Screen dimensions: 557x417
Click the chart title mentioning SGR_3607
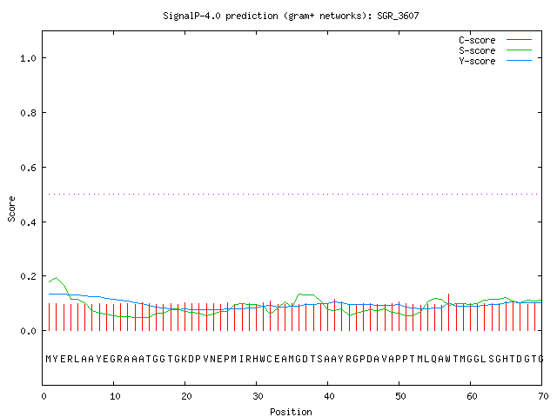coord(291,16)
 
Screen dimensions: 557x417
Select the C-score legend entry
coord(495,40)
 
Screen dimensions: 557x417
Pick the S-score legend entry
coord(495,50)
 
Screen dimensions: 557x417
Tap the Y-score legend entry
coord(495,61)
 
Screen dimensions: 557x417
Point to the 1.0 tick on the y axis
coord(29,58)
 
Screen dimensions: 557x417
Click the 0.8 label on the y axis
coord(29,113)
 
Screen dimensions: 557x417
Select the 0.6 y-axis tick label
coord(29,168)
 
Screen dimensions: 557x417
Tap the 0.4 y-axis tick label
coord(29,222)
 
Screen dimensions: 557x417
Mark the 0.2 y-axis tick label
coord(29,276)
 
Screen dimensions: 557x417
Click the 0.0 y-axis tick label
coord(29,331)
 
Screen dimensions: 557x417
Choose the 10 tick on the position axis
coord(115,396)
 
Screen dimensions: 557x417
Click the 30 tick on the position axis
coord(258,396)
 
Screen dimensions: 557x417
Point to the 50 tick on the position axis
coord(400,396)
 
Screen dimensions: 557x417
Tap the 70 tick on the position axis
coord(543,396)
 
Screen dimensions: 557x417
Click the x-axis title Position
coord(291,412)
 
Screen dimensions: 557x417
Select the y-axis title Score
coord(11,209)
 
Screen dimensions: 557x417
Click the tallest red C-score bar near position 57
coord(449,313)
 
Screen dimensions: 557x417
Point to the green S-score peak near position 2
coord(56,278)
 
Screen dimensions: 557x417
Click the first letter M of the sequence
coord(49,359)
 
